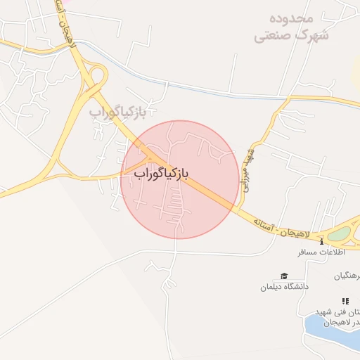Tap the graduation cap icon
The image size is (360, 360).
[x=283, y=276]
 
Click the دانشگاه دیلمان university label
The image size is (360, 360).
[x=284, y=287]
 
